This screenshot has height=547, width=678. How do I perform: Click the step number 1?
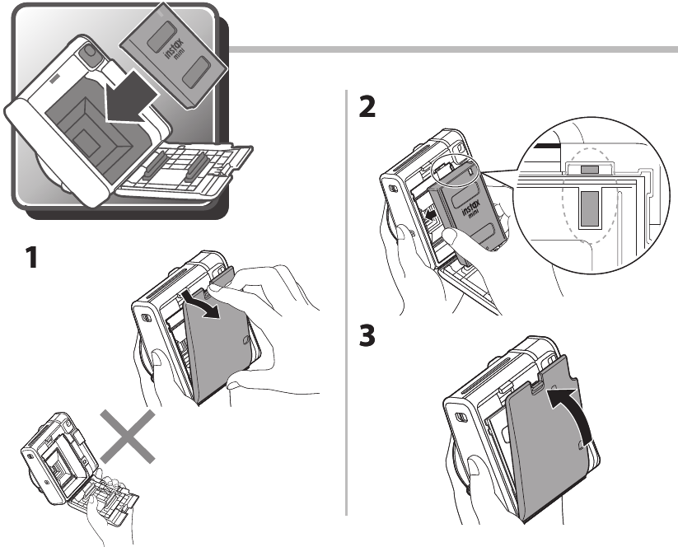pos(30,259)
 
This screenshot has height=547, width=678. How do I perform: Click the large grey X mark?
pos(129,437)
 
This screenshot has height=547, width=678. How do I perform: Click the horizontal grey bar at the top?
pos(453,49)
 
